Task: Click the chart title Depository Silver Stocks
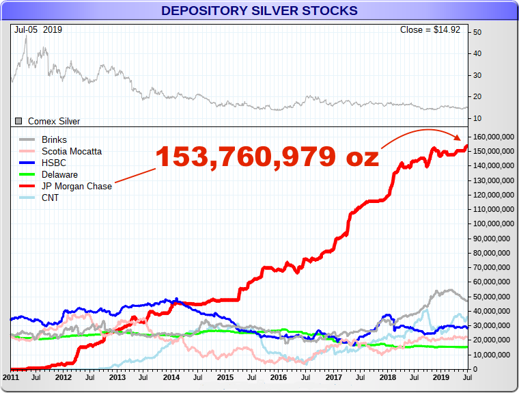coord(259,10)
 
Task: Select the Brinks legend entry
coord(54,139)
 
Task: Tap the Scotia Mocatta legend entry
coord(72,151)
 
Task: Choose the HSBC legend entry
coord(53,163)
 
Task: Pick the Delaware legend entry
coord(59,174)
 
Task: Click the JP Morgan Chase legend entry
coord(76,186)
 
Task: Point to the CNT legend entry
coord(51,198)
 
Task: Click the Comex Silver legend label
coord(53,121)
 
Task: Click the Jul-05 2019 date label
coord(38,30)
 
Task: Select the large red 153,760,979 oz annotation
coord(267,157)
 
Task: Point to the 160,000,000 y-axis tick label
coord(493,137)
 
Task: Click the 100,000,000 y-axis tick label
coord(493,224)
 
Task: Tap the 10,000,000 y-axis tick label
coord(492,355)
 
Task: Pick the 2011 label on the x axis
coord(11,377)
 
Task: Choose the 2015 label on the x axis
coord(225,377)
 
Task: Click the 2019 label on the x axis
coord(440,377)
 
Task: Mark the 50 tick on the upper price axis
coord(477,32)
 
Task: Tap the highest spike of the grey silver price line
coord(26,36)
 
